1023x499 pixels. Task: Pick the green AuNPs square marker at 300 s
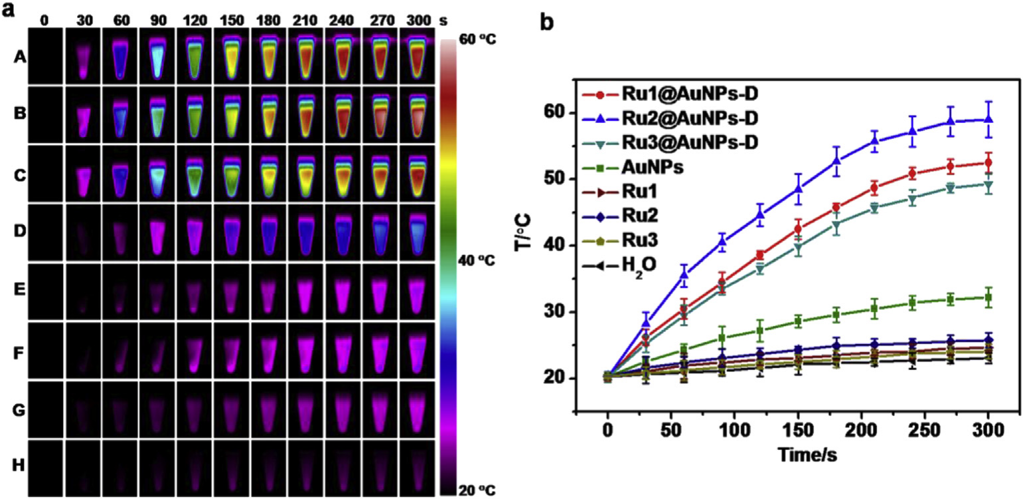987,298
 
